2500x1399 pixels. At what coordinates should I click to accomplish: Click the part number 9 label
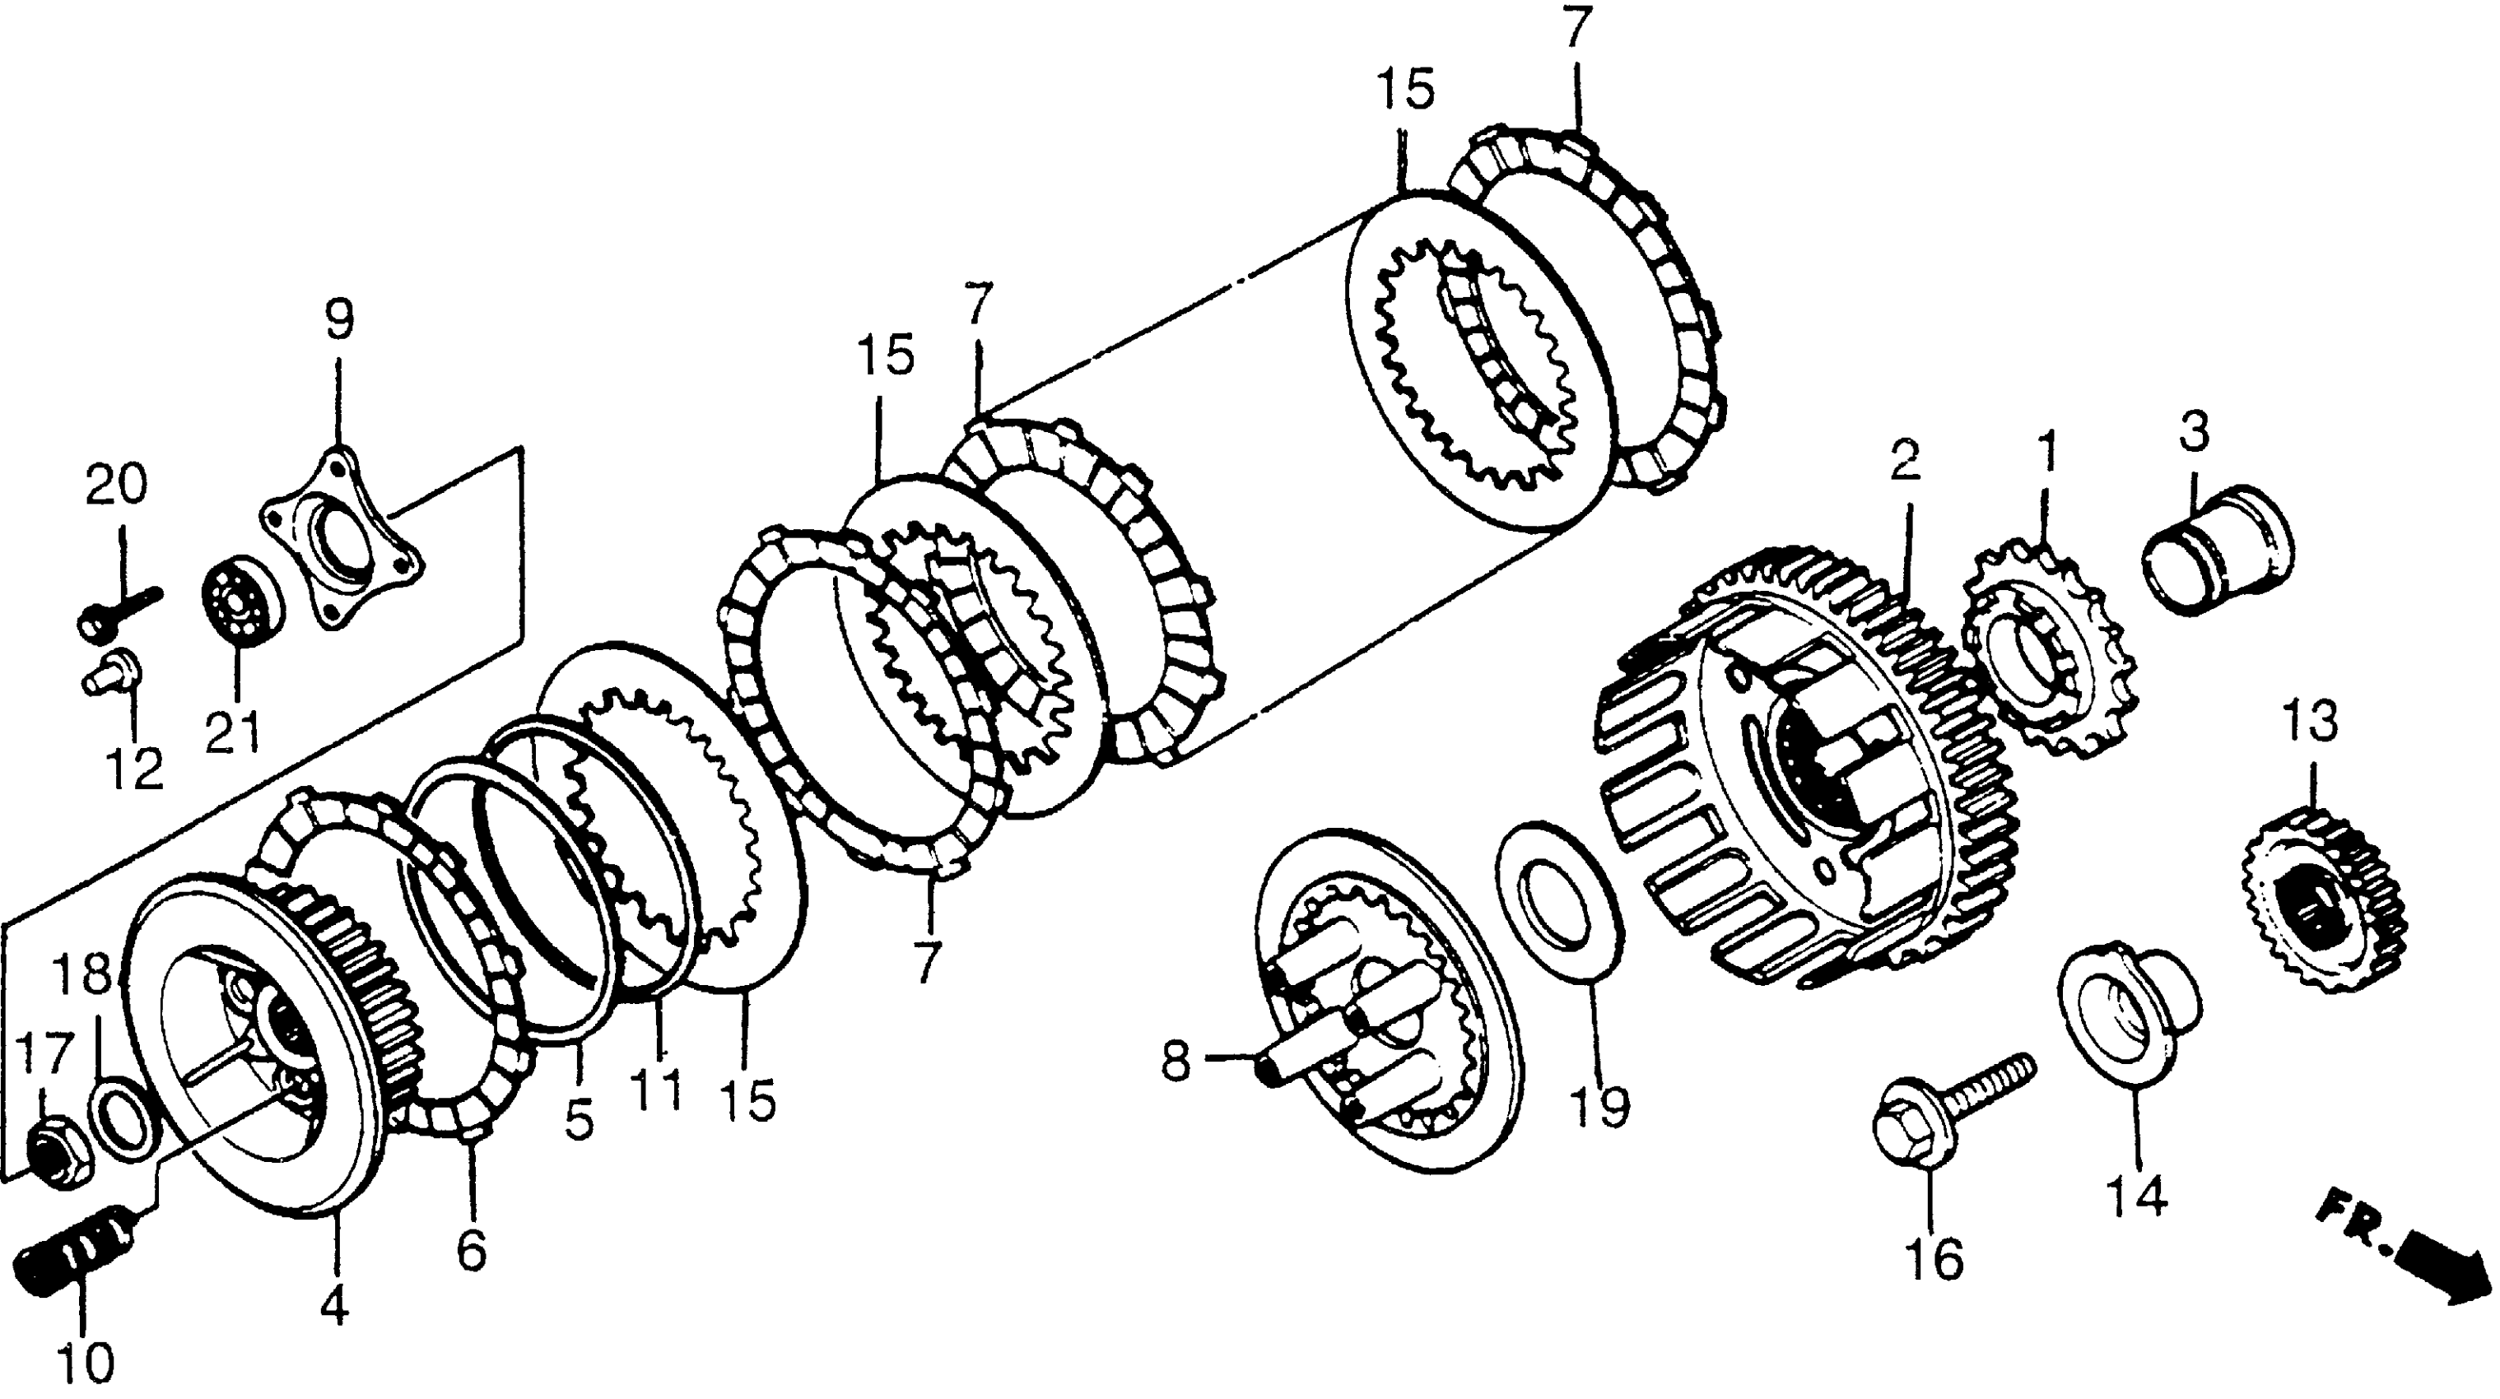tap(338, 320)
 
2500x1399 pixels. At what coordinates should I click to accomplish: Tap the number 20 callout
tap(115, 484)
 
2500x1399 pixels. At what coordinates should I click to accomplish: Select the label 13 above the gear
tap(2310, 721)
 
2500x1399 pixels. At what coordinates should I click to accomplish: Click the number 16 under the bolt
tap(1933, 1259)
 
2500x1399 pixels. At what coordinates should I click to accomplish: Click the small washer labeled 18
tap(121, 1122)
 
